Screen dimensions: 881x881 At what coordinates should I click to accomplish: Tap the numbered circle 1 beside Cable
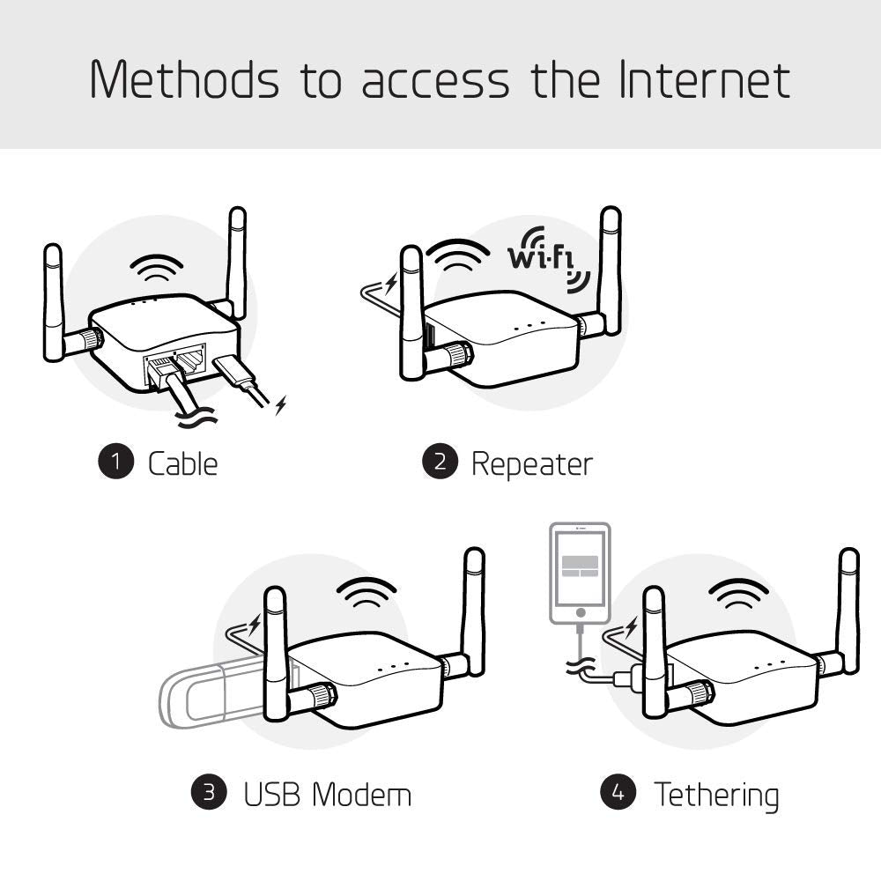pos(115,463)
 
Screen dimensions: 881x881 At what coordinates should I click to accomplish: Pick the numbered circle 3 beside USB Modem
pos(209,793)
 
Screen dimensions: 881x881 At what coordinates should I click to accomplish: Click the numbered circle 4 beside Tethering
pos(618,793)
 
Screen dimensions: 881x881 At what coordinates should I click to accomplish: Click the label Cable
pos(182,463)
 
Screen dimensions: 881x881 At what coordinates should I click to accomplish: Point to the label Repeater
pos(531,463)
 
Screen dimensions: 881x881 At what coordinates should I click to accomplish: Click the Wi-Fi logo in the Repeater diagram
pos(547,258)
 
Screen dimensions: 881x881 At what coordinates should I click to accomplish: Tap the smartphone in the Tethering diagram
pos(579,573)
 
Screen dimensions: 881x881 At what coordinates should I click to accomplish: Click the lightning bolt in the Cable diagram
pos(281,406)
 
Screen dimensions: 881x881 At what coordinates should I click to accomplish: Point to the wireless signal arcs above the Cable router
pos(157,266)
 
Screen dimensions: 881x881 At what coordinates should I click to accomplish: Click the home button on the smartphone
pos(579,611)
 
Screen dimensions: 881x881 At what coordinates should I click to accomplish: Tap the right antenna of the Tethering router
pos(848,612)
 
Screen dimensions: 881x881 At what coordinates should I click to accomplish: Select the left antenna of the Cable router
pos(53,304)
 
